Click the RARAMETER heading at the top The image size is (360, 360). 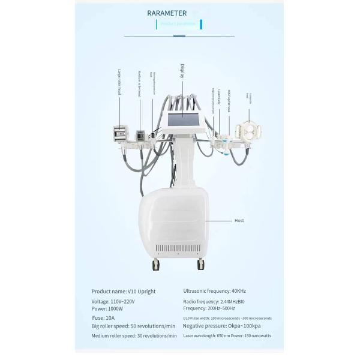[167, 12]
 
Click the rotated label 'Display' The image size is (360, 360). [182, 71]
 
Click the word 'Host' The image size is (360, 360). [238, 221]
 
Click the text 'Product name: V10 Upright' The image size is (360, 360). [123, 292]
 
